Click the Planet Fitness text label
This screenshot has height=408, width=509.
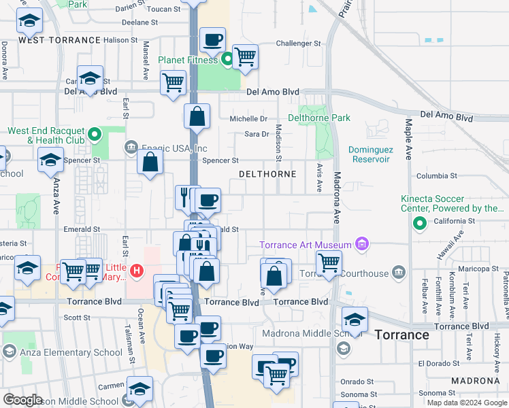[x=188, y=60]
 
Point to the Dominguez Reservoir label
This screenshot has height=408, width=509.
[x=370, y=154]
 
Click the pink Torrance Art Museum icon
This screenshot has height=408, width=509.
[x=362, y=244]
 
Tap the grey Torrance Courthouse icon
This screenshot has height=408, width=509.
[x=399, y=273]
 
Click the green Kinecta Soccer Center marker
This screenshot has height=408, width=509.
[x=421, y=222]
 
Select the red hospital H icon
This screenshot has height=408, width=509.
[x=137, y=271]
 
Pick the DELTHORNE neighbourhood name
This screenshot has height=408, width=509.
[x=267, y=174]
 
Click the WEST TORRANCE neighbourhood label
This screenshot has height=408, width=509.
[x=60, y=40]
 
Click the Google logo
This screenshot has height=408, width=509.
[x=22, y=400]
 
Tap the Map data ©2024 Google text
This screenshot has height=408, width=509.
[x=466, y=403]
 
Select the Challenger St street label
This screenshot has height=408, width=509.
[x=298, y=44]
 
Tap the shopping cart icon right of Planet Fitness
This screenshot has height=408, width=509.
[x=245, y=57]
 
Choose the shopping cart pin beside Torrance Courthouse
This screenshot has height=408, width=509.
[x=329, y=262]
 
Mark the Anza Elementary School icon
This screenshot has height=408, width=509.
[x=9, y=352]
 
